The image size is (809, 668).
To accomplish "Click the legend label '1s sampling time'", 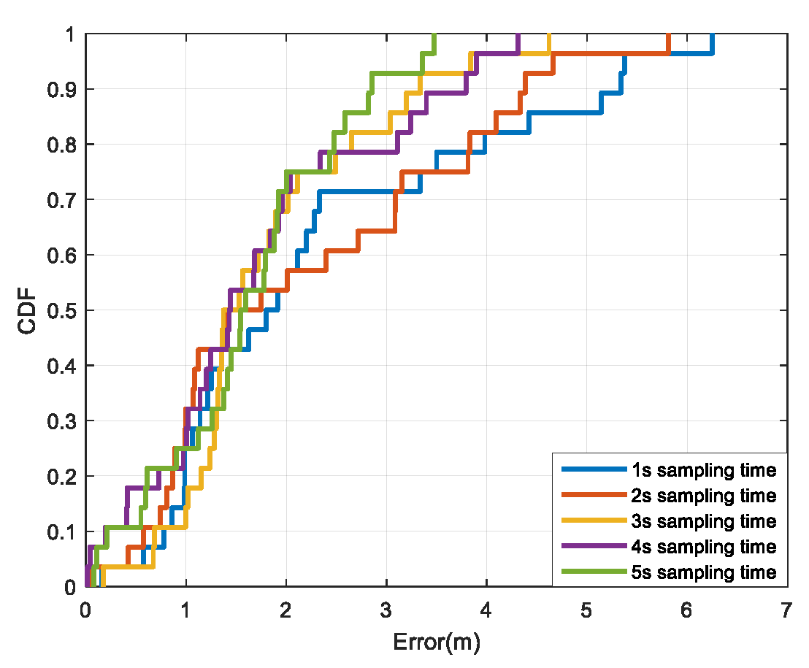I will point(702,470).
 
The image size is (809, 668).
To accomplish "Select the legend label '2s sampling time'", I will point(702,496).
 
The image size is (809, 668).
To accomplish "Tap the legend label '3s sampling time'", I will point(702,521).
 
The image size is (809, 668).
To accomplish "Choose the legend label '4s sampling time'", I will point(702,547).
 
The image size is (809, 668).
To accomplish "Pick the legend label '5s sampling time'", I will point(702,572).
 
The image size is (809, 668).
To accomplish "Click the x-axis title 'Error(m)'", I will point(436,643).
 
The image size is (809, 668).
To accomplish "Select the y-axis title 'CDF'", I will point(28,310).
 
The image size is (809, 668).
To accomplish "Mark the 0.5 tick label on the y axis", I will point(61,310).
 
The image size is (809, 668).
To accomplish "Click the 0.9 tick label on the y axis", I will point(61,89).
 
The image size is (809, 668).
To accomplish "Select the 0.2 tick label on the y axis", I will point(61,476).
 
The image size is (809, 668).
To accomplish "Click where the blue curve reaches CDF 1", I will point(712,35).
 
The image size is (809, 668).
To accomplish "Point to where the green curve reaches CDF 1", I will point(434,35).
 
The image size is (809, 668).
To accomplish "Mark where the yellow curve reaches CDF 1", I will point(548,35).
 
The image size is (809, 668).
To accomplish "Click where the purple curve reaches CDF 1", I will point(518,35).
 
